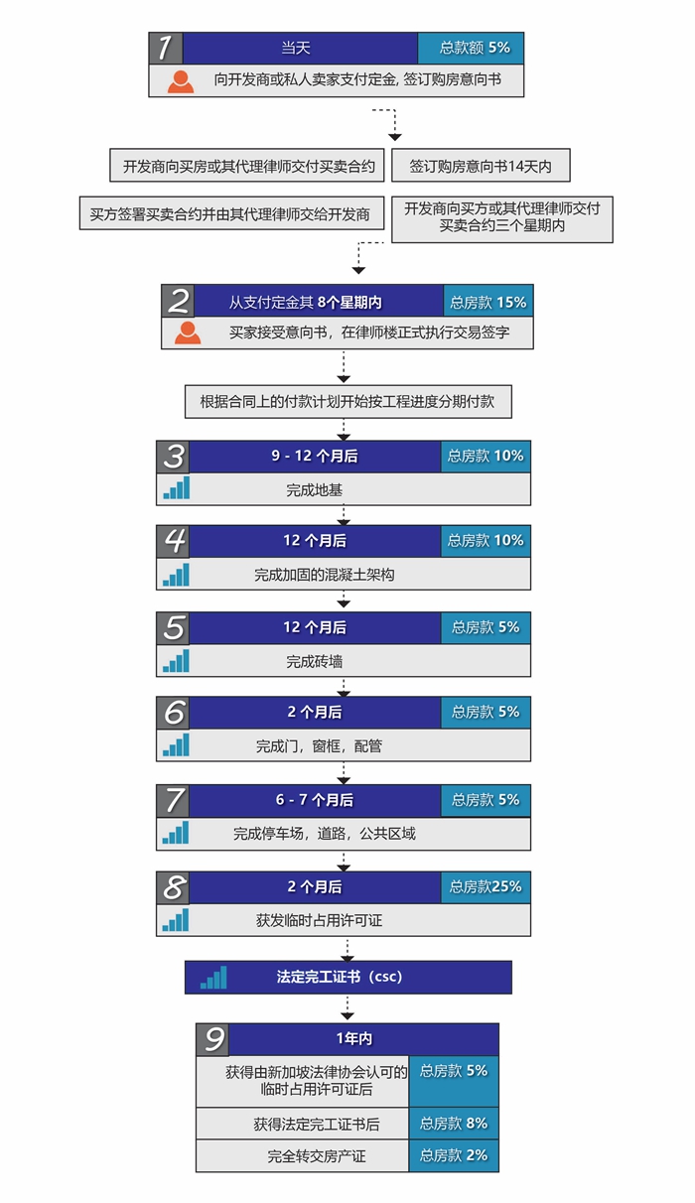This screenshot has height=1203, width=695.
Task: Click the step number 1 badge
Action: click(x=166, y=48)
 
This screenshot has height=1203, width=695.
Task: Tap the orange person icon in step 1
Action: click(x=181, y=81)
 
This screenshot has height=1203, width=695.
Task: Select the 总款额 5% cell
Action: click(x=471, y=48)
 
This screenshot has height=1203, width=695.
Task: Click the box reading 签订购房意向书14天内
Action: click(x=481, y=166)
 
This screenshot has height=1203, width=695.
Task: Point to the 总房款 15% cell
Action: click(x=487, y=302)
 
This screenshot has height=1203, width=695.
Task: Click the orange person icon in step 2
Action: click(x=188, y=334)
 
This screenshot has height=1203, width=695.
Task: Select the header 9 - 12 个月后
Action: click(x=315, y=457)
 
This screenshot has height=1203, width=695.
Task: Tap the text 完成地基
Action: click(x=315, y=489)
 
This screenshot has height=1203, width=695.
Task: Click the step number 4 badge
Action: click(x=174, y=541)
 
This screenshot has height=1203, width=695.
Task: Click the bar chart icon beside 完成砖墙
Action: click(x=176, y=661)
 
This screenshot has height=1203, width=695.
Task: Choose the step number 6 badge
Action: click(x=174, y=713)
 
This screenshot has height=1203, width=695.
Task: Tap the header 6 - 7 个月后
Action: click(x=315, y=800)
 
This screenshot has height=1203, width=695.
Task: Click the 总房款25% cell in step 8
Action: click(x=486, y=886)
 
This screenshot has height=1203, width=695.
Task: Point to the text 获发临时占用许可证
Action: click(x=319, y=920)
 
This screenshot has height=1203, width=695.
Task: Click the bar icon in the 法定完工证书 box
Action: click(x=213, y=978)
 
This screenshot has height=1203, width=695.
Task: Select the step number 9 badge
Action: click(x=213, y=1039)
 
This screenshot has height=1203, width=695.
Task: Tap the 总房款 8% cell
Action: click(x=454, y=1124)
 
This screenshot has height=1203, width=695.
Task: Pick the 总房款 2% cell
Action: click(x=454, y=1155)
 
